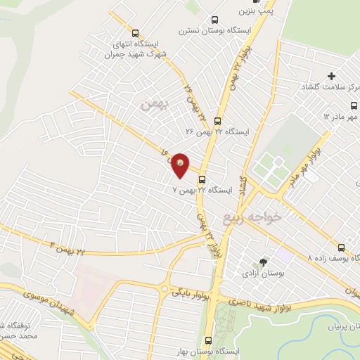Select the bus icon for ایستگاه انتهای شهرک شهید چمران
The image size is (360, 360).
click(135, 32)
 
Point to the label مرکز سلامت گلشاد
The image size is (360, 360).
click(330, 86)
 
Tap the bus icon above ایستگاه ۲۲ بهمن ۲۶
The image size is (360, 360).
click(217, 120)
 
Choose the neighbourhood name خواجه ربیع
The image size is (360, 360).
click(252, 217)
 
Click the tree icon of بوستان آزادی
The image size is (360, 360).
click(263, 262)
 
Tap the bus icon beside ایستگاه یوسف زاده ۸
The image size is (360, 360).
click(341, 247)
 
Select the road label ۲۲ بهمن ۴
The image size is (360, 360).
click(70, 247)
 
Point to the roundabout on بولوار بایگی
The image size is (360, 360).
click(165, 289)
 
